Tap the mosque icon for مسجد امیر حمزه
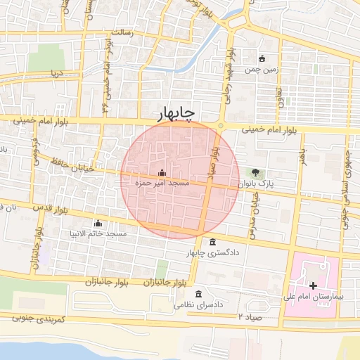coord(162,173)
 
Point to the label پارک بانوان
coord(255,183)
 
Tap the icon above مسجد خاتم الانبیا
coord(98,223)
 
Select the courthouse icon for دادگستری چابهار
coord(213,243)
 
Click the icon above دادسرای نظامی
coord(199,293)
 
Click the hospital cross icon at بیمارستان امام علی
coord(313,285)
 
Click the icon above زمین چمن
coord(262,58)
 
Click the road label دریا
coord(56,73)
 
